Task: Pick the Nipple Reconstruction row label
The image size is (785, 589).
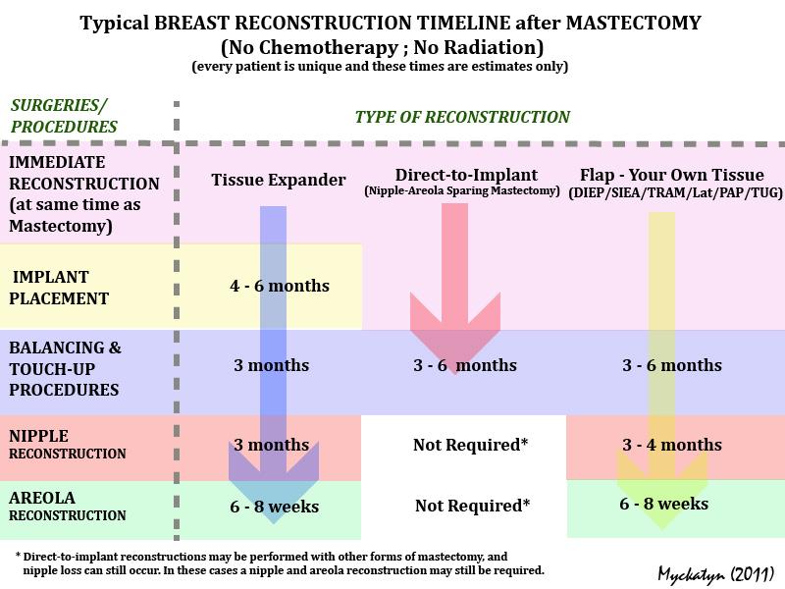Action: coord(68,444)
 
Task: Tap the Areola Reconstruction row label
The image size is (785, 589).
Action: coord(68,506)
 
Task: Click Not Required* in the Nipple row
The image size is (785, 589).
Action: coord(471,445)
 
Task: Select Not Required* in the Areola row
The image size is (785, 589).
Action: coord(471,507)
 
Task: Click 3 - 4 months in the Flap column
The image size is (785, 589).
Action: coord(672,445)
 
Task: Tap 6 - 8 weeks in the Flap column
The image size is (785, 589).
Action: coord(664,505)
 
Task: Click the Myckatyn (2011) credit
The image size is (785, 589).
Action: coord(715,571)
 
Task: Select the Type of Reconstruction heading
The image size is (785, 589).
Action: coord(461,117)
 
